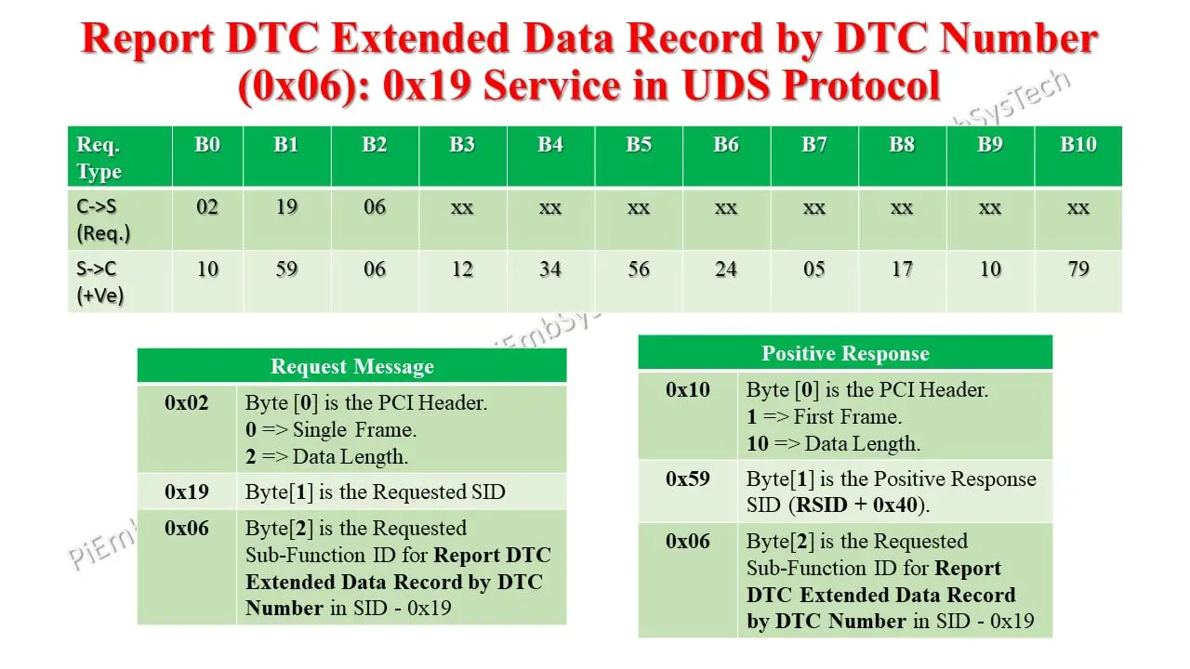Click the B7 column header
[x=813, y=145]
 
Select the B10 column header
[x=1078, y=145]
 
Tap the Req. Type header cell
[x=99, y=158]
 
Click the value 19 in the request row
[x=286, y=206]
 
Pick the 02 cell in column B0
[x=207, y=206]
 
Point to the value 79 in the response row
[x=1078, y=269]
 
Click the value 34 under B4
[x=550, y=269]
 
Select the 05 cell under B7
[x=813, y=269]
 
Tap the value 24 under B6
[x=726, y=269]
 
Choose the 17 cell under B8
[x=902, y=269]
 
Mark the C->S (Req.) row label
[x=103, y=219]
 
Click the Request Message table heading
[x=351, y=367]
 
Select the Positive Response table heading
[x=845, y=354]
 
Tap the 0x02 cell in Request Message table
[x=187, y=403]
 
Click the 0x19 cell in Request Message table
[x=187, y=492]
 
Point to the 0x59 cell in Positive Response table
[x=688, y=479]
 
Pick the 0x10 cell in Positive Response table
[x=688, y=390]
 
